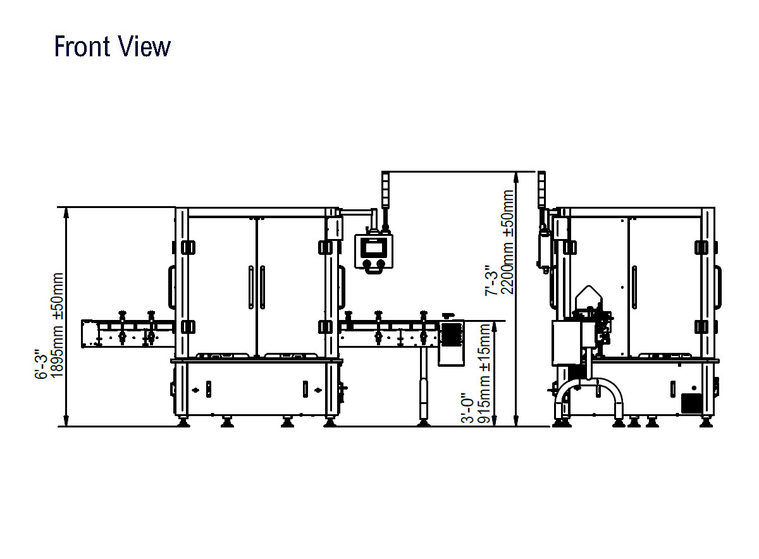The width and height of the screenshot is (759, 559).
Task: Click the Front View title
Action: [112, 46]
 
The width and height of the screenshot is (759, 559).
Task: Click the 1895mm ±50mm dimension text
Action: [57, 325]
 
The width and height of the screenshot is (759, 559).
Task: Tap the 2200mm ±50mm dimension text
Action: [507, 242]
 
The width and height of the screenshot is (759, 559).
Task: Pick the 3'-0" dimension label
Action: [468, 408]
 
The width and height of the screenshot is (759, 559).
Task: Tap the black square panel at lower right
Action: [691, 403]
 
